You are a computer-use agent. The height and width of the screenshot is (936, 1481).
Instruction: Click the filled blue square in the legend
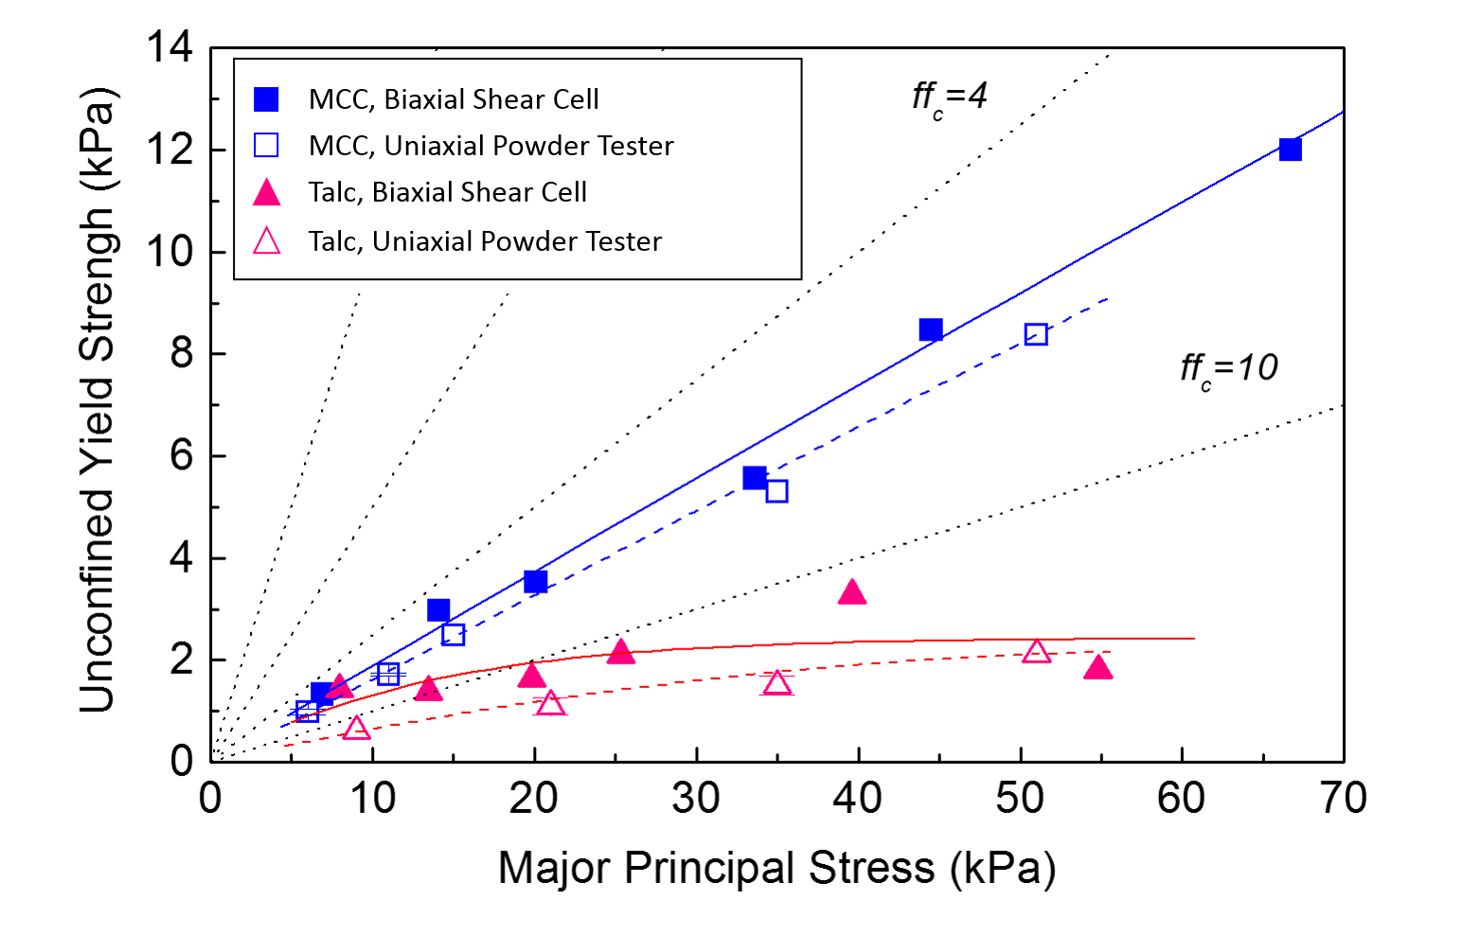click(266, 99)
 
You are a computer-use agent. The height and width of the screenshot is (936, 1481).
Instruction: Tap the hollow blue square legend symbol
click(266, 145)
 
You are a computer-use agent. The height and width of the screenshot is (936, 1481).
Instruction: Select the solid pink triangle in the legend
click(266, 193)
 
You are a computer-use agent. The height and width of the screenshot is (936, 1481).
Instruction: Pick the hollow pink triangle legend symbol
click(266, 241)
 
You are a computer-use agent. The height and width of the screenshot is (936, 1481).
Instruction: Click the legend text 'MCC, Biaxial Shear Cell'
click(454, 99)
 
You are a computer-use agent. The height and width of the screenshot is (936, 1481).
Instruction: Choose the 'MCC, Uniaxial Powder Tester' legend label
click(491, 146)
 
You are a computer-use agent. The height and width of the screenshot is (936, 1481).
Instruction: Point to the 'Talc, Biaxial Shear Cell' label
click(447, 192)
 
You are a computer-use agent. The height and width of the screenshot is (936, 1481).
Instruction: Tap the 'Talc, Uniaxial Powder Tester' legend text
click(485, 241)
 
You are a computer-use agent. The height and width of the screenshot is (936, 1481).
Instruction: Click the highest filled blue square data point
click(1290, 150)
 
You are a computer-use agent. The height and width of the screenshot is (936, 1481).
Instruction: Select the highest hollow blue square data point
click(1036, 334)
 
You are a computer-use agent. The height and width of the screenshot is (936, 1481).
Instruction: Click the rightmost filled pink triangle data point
click(1097, 667)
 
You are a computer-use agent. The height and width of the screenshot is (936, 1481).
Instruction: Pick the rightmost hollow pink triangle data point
click(1037, 651)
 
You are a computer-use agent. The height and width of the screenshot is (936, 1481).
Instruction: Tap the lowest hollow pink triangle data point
click(356, 728)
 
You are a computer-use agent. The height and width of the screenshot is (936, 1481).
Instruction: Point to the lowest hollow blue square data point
click(307, 711)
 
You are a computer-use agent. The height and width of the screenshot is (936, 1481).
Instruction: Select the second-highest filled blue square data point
click(930, 329)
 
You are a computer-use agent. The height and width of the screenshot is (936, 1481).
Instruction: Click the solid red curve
click(947, 641)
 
